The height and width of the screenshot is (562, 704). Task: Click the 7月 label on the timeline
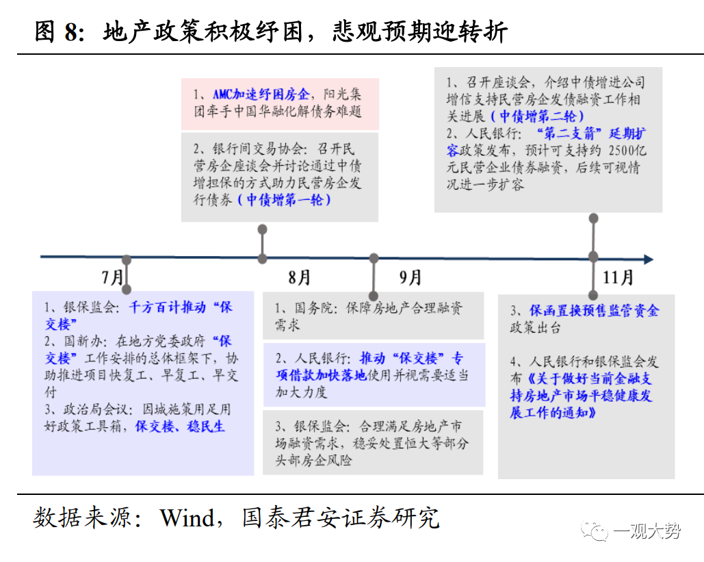113,277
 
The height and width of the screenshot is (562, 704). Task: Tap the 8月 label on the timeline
299,277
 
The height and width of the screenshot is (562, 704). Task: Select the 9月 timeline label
410,277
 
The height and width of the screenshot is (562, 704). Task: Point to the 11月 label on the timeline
618,277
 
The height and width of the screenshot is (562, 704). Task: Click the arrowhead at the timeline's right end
648,259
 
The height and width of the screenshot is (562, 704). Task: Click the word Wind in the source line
187,518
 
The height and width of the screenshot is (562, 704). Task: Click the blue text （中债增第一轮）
284,200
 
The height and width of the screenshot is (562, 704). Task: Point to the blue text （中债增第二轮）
536,116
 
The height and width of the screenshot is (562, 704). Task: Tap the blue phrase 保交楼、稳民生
179,426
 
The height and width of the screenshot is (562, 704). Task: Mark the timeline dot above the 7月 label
126,259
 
